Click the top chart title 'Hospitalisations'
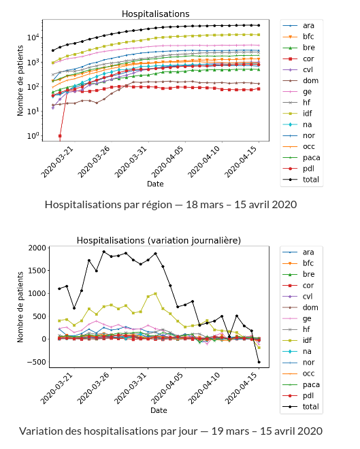pos(155,14)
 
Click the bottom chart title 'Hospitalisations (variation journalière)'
pos(158,240)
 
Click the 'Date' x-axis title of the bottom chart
pos(159,411)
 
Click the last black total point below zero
pos(259,362)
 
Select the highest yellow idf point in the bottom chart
pos(155,294)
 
